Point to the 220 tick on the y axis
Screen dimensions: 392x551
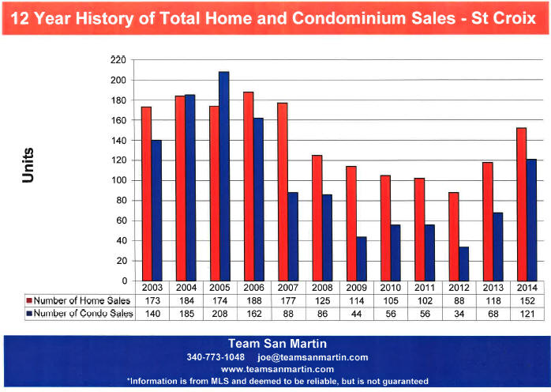click(x=118, y=60)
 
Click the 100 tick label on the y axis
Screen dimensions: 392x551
click(x=118, y=180)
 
